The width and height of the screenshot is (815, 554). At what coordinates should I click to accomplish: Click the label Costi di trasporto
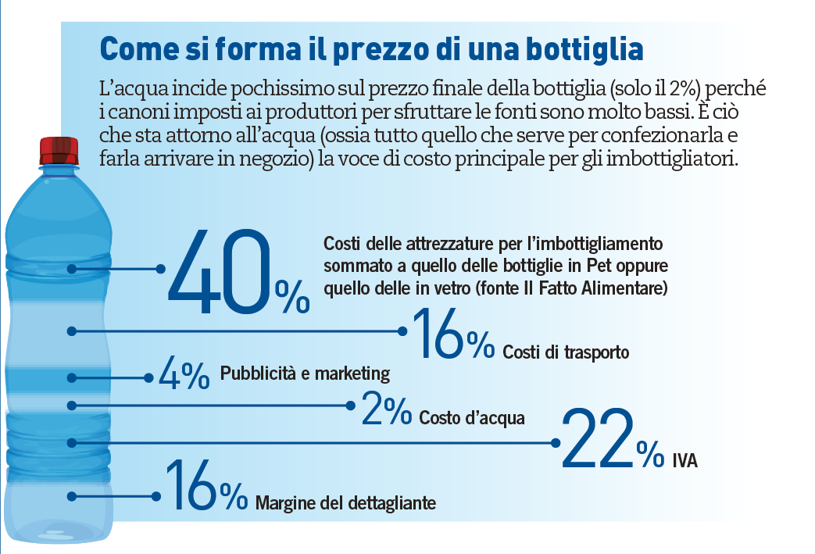point(566,352)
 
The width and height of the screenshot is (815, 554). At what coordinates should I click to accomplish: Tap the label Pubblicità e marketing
point(305,373)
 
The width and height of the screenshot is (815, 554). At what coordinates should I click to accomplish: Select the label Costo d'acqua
point(471,418)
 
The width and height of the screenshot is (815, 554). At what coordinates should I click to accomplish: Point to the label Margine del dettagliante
point(345,502)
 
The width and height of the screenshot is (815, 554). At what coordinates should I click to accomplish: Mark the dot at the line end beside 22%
point(556,441)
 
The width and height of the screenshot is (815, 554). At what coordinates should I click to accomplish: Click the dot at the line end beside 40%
point(162,268)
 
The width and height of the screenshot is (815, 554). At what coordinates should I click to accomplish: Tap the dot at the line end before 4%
point(149,377)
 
